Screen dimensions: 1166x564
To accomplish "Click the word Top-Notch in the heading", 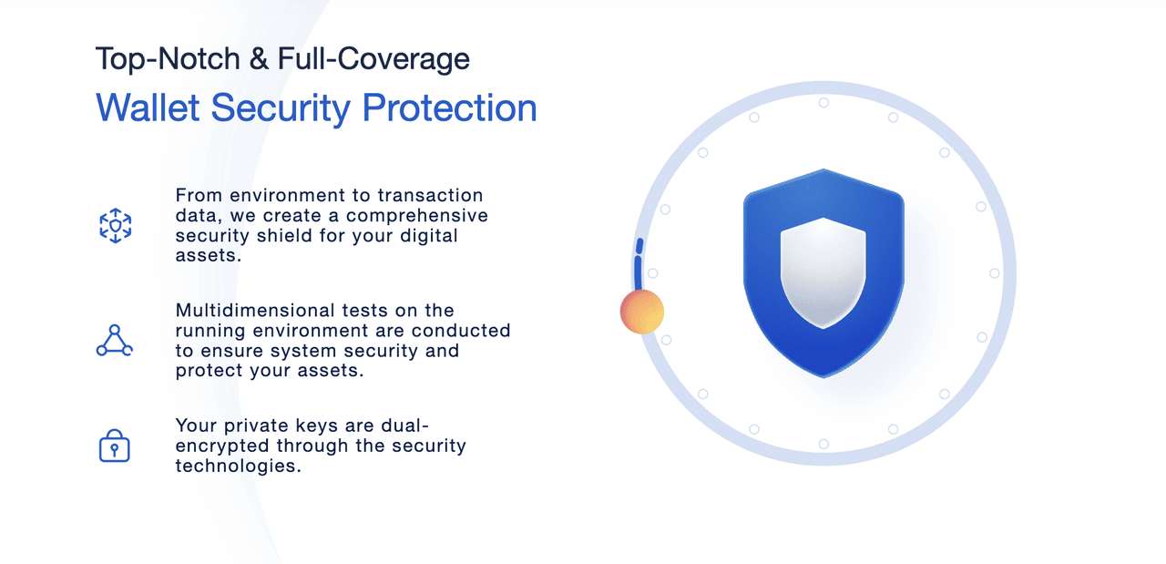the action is [x=168, y=58].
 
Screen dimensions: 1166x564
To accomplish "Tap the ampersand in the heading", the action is [x=259, y=58].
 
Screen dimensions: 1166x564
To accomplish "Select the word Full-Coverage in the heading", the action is [x=373, y=59].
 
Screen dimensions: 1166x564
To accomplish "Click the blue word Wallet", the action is [x=148, y=108].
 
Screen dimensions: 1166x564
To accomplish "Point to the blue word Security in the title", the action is [x=281, y=109].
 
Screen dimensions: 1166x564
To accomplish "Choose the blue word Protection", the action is [x=449, y=108].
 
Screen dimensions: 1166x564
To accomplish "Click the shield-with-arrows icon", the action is [x=116, y=225].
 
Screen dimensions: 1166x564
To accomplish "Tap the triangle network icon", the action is [x=115, y=341].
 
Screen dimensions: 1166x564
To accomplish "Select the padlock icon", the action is [x=115, y=446].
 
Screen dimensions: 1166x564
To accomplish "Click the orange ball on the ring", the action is [x=642, y=312].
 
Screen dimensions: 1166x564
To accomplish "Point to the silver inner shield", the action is [x=823, y=273].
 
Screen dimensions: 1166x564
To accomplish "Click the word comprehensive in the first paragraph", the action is [x=417, y=216].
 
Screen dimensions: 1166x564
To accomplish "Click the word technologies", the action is [x=239, y=466].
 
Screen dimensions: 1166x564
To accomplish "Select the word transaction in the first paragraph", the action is [x=431, y=195].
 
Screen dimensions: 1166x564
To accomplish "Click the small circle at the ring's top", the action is [x=823, y=103].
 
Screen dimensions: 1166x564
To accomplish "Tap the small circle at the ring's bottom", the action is [x=823, y=444].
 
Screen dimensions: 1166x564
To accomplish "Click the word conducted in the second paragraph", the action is [x=461, y=331].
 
